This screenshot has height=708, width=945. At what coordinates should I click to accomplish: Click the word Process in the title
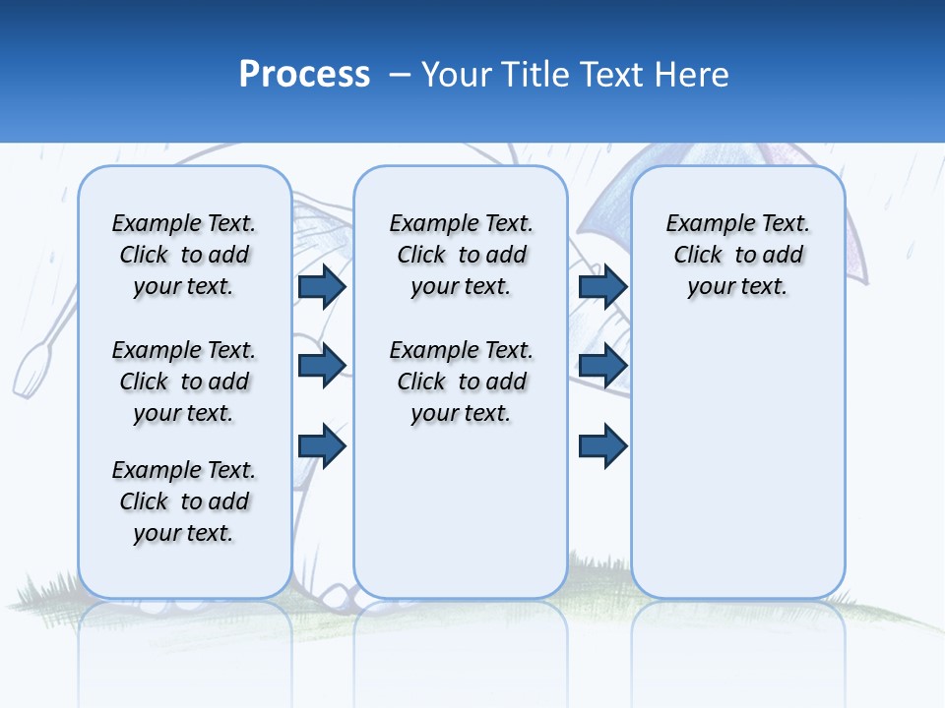(x=304, y=75)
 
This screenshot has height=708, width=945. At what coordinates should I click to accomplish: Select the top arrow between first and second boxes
(x=321, y=286)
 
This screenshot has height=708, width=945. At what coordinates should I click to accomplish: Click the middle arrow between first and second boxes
(x=321, y=366)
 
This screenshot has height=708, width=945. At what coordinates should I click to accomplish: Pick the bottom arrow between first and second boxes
(x=321, y=445)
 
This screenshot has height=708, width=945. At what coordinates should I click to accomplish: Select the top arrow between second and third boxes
(x=602, y=286)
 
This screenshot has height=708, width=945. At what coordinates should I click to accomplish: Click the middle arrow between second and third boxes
(x=602, y=366)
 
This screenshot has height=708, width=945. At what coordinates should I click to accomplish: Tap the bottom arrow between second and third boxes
(x=602, y=445)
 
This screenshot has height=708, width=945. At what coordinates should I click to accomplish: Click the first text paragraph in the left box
(x=184, y=255)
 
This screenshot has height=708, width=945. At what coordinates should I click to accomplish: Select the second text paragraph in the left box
(x=184, y=382)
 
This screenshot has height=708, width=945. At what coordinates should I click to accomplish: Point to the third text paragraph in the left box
(x=184, y=501)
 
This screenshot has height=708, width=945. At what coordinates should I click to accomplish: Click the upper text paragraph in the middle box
(x=461, y=255)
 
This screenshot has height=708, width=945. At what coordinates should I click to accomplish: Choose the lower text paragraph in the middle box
(x=461, y=382)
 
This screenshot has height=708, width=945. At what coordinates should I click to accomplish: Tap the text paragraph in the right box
(x=737, y=255)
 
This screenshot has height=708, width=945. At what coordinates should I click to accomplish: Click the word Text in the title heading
(x=610, y=75)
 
